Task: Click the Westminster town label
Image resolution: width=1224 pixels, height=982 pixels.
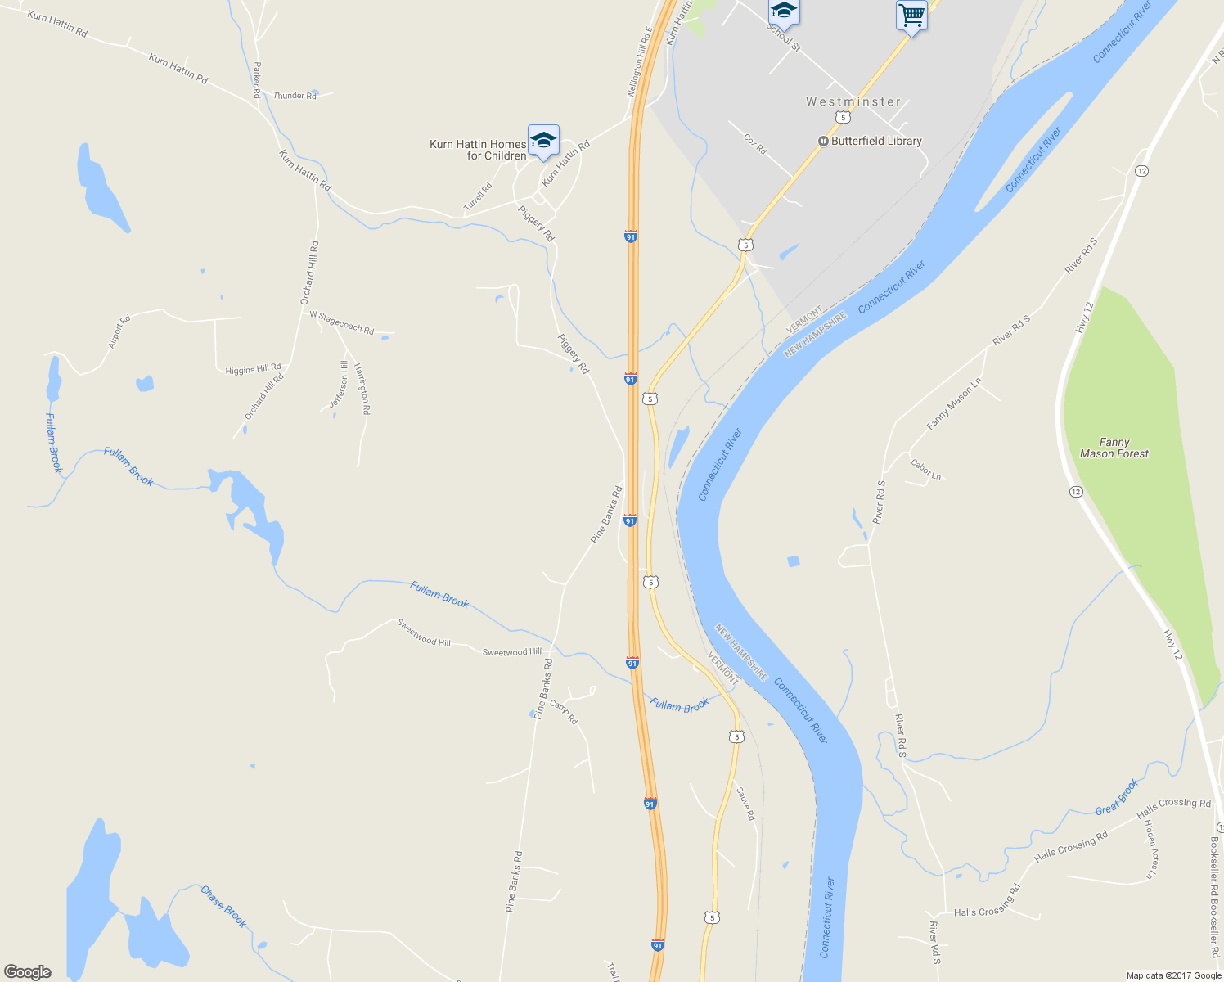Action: (853, 102)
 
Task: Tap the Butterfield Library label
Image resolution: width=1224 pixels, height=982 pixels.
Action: (875, 141)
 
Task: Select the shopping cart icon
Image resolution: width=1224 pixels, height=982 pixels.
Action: (911, 15)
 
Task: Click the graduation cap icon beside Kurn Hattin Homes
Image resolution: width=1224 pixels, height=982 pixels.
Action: (543, 141)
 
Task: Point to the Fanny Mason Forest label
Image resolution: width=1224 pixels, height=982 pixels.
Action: (1114, 448)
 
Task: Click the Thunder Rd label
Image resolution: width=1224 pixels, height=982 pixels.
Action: (295, 96)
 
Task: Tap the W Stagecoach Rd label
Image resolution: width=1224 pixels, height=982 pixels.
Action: (341, 322)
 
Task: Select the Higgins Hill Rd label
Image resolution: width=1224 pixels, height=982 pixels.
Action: (253, 369)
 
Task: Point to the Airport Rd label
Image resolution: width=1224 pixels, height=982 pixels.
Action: (119, 331)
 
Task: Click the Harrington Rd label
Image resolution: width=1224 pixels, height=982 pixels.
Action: (362, 389)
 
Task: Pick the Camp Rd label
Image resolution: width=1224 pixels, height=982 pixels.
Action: (564, 711)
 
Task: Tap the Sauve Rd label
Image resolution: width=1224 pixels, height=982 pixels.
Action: (745, 804)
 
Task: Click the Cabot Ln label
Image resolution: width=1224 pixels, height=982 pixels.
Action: (926, 469)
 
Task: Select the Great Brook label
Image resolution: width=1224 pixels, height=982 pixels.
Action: (1117, 797)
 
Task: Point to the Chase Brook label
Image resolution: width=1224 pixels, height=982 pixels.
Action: (223, 906)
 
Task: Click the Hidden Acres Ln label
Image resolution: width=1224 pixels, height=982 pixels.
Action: (1150, 849)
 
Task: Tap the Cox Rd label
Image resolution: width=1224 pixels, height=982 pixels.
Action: (755, 145)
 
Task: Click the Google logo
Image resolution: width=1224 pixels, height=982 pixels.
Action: (28, 972)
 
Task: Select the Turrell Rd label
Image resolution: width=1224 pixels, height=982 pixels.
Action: (479, 198)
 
